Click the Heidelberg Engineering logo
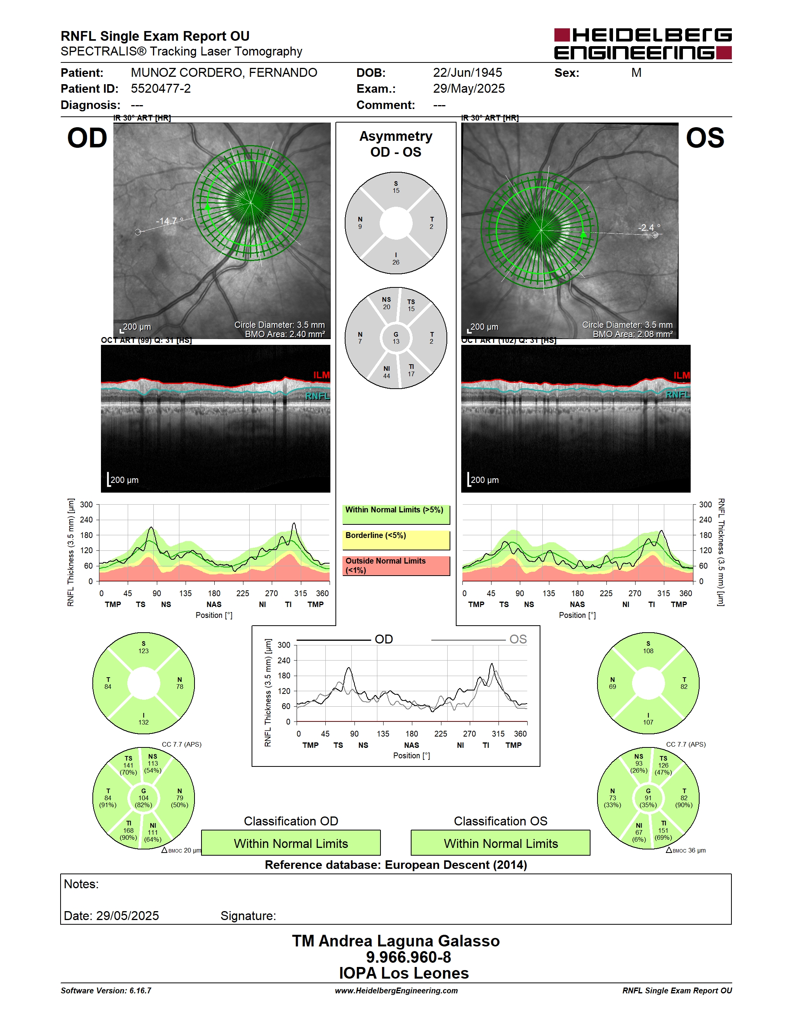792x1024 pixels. point(643,43)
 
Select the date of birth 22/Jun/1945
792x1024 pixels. point(467,73)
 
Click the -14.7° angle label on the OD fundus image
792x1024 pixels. point(169,221)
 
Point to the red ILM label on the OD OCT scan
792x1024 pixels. point(321,375)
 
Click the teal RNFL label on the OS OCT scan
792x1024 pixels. point(677,395)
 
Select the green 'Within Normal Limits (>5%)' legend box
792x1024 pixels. point(396,514)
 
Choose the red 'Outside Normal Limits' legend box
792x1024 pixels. point(396,566)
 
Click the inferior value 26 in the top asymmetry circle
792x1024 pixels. point(396,263)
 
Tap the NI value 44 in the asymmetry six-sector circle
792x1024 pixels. point(387,376)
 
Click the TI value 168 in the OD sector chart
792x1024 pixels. point(129,830)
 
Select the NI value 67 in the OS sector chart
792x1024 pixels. point(639,832)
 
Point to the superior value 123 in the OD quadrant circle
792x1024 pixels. point(144,651)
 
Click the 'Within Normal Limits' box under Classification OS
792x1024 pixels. point(501,843)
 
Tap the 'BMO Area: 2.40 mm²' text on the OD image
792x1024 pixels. point(285,334)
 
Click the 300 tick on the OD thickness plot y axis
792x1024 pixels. point(86,505)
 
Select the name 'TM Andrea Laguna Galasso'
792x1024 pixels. point(396,941)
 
